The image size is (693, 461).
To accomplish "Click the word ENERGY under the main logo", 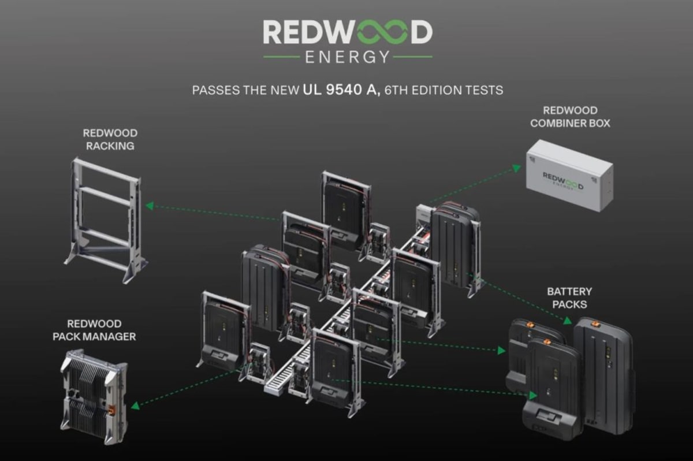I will click(348, 57).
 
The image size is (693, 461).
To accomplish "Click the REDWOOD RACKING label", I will click(110, 140).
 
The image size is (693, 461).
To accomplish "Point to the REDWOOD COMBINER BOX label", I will click(570, 117).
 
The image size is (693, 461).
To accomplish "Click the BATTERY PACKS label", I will click(569, 298).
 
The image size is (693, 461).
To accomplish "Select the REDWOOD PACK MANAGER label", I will click(102, 330).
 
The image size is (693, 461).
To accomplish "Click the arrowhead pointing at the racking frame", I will click(149, 206).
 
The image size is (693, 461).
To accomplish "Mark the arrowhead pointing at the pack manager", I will click(135, 406).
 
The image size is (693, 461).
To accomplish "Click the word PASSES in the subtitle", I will click(214, 90).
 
